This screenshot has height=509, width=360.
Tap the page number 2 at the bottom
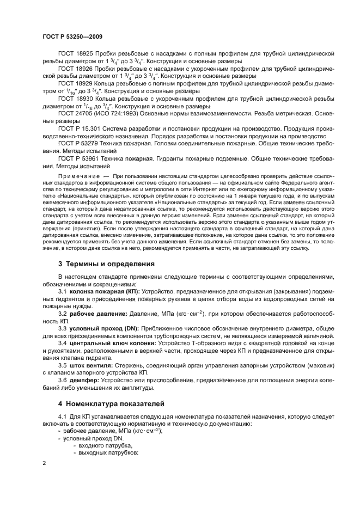[x=44, y=463]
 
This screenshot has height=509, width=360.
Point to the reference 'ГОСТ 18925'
[x=76, y=54]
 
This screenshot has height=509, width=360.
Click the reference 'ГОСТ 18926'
[x=76, y=70]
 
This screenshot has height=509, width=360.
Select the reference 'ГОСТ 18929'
[x=76, y=84]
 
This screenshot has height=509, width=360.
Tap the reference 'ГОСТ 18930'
[x=76, y=99]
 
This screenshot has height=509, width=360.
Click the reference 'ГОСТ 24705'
[x=76, y=114]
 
